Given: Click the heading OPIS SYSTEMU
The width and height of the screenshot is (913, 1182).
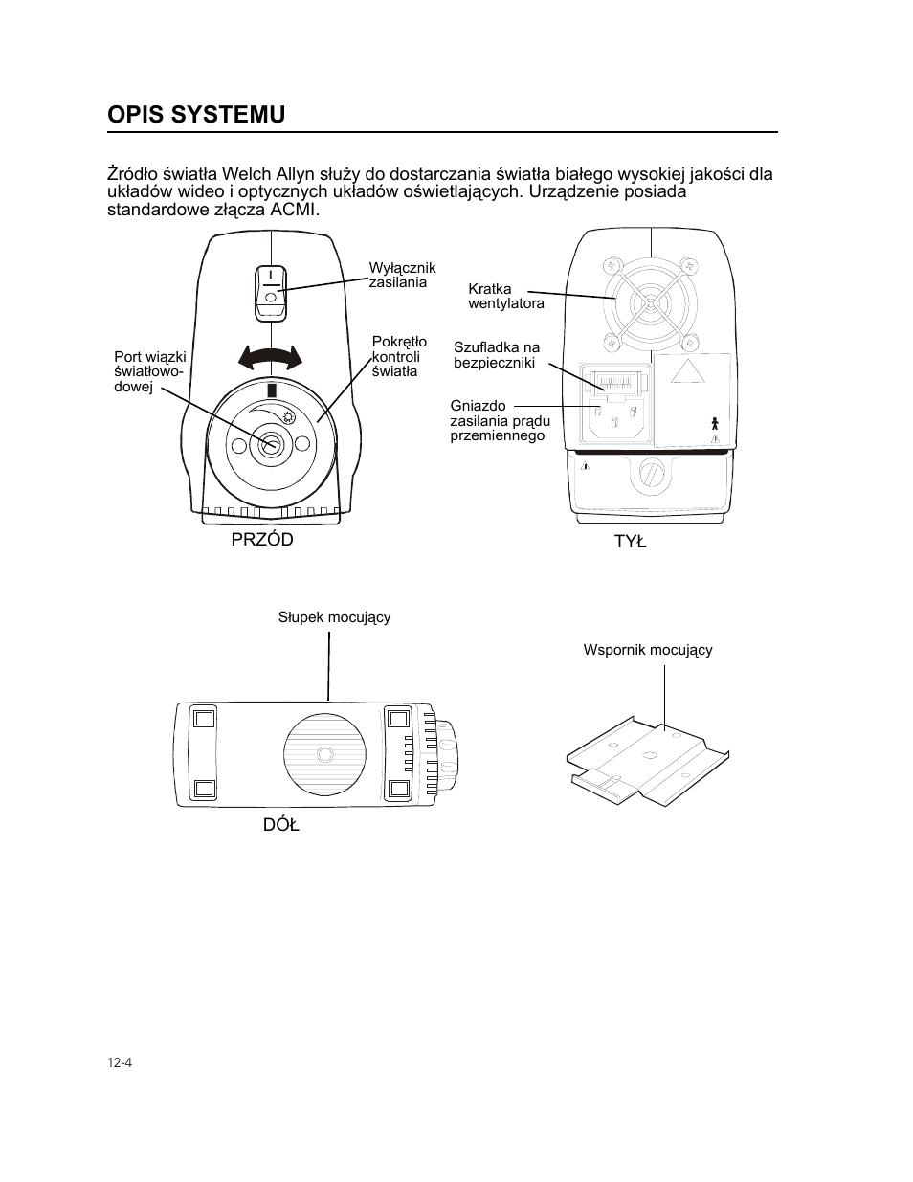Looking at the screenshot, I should tap(196, 114).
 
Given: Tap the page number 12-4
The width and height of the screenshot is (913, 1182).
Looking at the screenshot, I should tap(119, 1062).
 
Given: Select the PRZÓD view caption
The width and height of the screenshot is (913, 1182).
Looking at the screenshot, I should tap(262, 540).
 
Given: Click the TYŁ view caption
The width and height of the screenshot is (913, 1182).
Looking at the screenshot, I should tap(630, 542).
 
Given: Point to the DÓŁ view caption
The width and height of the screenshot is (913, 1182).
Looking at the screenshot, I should tap(281, 824).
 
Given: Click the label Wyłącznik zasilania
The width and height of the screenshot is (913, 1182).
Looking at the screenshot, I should tap(402, 275).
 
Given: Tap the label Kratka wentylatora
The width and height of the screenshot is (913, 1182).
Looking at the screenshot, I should tap(505, 296).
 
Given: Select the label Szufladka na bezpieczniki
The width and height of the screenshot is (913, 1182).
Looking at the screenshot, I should tap(496, 355).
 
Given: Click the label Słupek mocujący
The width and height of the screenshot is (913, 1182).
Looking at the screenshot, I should tap(334, 617).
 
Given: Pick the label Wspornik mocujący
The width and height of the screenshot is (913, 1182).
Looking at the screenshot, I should tap(648, 650).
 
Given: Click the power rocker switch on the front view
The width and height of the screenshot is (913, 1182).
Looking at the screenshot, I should tap(271, 292).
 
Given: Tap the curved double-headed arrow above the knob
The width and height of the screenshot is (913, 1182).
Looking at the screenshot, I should tap(270, 359).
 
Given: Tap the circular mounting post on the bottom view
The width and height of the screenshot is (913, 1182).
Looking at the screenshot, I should tap(325, 754).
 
